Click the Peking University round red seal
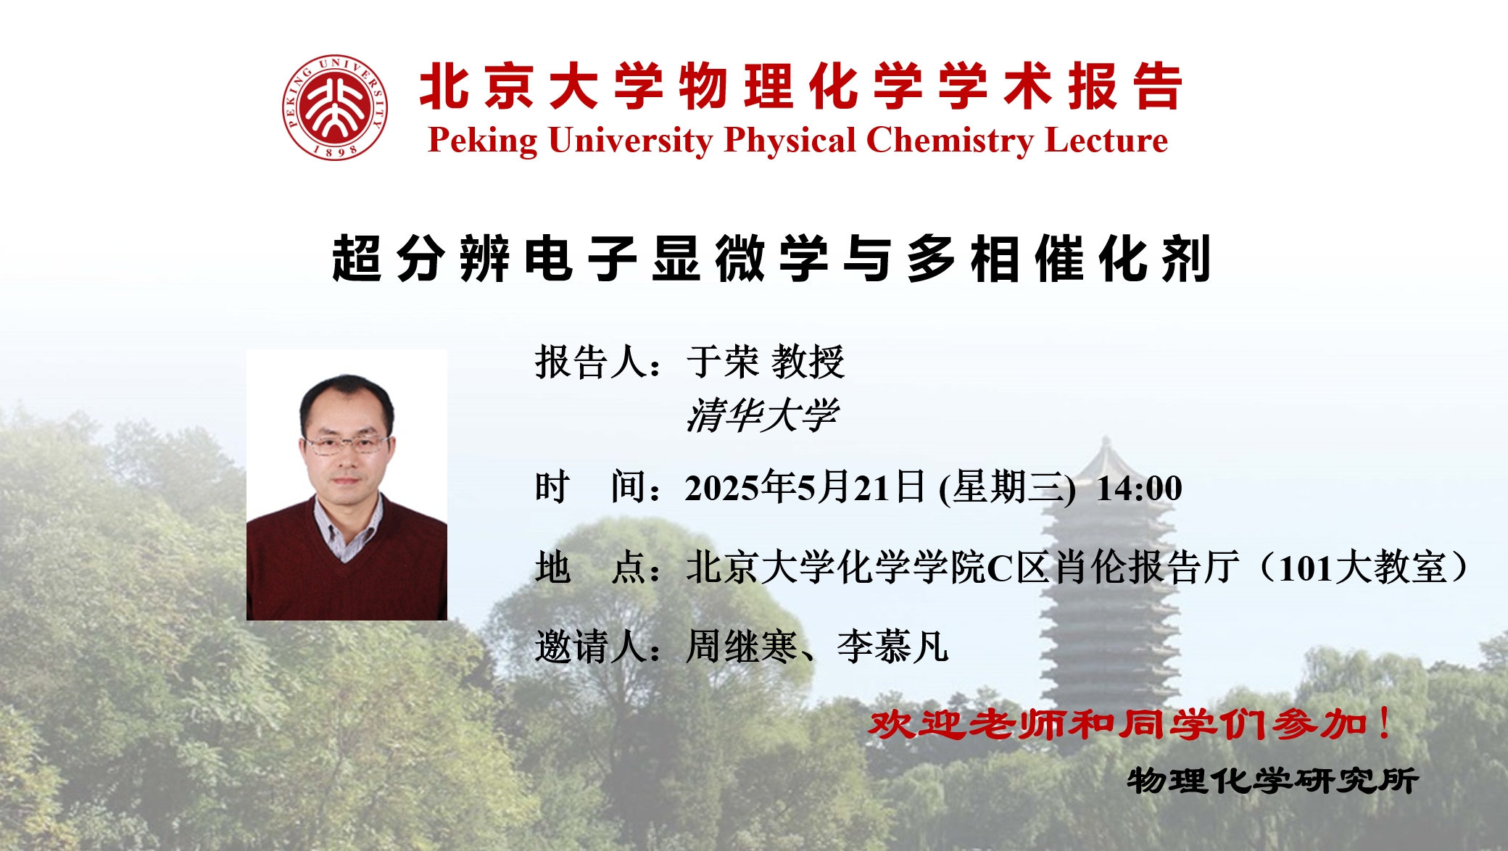point(335,107)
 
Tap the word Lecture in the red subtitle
point(1106,141)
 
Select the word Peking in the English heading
point(483,141)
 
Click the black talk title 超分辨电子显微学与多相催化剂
point(771,258)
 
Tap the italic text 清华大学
point(762,415)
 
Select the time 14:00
point(1139,489)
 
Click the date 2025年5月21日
point(805,487)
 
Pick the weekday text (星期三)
point(1007,487)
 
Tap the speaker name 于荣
point(722,362)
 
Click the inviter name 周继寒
point(742,647)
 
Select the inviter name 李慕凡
point(892,647)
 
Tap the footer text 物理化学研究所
point(1272,781)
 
